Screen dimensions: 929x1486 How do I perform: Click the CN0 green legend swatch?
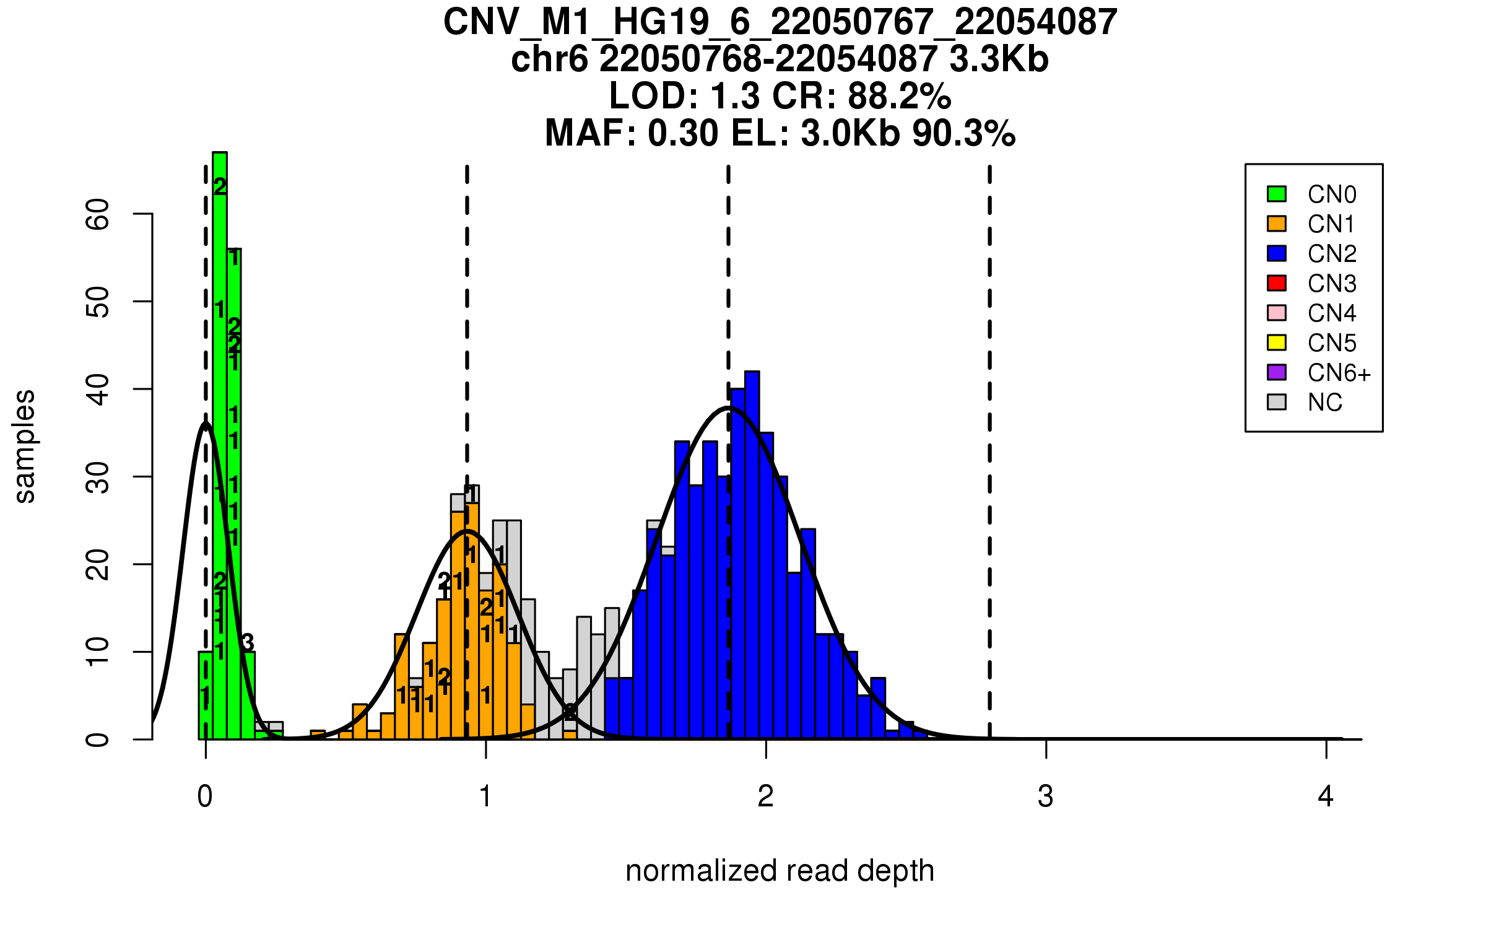pyautogui.click(x=1276, y=194)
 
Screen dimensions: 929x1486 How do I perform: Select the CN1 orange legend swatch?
pyautogui.click(x=1276, y=224)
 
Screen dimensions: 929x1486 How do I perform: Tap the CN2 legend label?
pyautogui.click(x=1331, y=254)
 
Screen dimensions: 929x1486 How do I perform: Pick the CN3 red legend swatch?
pyautogui.click(x=1276, y=283)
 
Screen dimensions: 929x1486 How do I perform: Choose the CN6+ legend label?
pyautogui.click(x=1339, y=373)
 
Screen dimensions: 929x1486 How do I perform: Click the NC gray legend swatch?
pyautogui.click(x=1276, y=402)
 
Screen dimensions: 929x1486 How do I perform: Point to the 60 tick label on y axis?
pyautogui.click(x=98, y=214)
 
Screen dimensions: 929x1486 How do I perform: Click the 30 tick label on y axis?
pyautogui.click(x=98, y=477)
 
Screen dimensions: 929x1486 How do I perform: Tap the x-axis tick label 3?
pyautogui.click(x=1046, y=796)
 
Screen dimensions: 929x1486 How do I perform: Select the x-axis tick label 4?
pyautogui.click(x=1326, y=796)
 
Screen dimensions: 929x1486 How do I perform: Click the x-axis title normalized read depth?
pyautogui.click(x=780, y=871)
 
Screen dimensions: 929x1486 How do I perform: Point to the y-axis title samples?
pyautogui.click(x=25, y=446)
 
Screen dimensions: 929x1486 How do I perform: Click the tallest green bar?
pyautogui.click(x=220, y=446)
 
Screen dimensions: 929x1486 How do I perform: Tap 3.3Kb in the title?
pyautogui.click(x=999, y=59)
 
